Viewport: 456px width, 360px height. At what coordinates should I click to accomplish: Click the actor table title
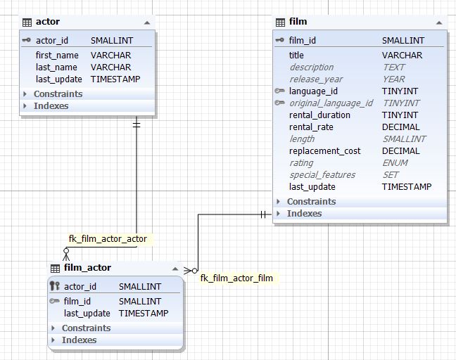(48, 22)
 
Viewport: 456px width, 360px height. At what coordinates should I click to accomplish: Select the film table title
(298, 22)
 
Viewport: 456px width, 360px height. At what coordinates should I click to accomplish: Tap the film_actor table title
(87, 268)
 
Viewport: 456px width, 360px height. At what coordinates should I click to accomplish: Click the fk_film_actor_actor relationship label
(108, 238)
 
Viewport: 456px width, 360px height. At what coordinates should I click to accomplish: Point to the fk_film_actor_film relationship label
(236, 278)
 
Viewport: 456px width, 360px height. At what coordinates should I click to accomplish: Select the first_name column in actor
(58, 55)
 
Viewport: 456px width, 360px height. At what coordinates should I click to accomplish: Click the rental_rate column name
(311, 127)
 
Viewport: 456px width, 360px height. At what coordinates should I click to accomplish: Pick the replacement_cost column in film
(324, 151)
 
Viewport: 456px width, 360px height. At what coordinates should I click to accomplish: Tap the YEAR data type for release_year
(393, 79)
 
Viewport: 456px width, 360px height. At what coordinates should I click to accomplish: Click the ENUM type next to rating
(395, 163)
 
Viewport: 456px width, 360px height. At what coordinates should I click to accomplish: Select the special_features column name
(322, 175)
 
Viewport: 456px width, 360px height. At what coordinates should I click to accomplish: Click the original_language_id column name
(331, 103)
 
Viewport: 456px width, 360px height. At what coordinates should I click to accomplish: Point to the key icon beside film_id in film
(279, 40)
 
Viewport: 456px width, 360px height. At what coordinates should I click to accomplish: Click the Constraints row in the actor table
(58, 94)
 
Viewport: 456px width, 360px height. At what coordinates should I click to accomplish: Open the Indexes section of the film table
(304, 214)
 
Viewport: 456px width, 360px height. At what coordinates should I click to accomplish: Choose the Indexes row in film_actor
(79, 340)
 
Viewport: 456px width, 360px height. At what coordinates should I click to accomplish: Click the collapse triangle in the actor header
(146, 22)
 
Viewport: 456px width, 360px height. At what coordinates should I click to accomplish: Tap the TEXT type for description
(393, 67)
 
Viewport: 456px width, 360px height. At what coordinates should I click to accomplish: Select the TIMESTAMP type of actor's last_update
(115, 79)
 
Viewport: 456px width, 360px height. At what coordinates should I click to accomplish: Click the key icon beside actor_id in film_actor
(54, 286)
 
